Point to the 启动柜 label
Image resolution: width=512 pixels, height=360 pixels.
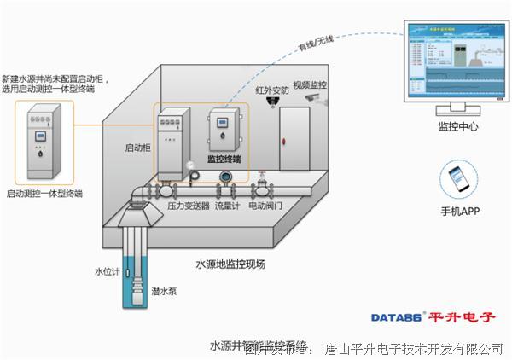[x=138, y=148]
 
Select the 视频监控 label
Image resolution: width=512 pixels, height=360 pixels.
[x=310, y=85]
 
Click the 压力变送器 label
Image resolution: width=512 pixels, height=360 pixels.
[x=189, y=205]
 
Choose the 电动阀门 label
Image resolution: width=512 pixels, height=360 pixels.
[x=265, y=205]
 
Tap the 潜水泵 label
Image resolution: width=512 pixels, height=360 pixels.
[x=161, y=291]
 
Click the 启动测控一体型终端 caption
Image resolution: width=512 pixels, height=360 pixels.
[x=44, y=194]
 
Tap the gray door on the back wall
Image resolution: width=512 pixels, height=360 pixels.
[x=297, y=136]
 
